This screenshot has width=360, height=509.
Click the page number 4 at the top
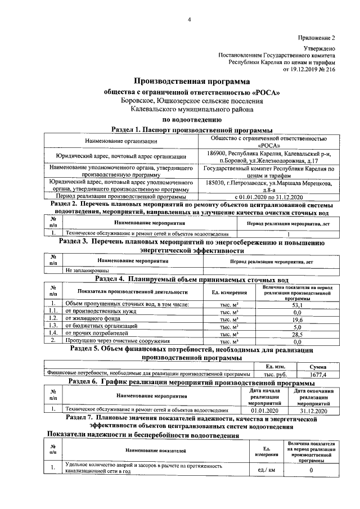tap(189, 21)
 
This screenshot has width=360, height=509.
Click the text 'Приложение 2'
tap(317, 38)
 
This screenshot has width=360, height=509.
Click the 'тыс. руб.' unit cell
tap(271, 374)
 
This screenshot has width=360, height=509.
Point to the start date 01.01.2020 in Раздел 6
tap(265, 411)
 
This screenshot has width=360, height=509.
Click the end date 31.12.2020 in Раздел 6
tap(314, 411)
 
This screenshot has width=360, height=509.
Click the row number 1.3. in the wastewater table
tap(53, 326)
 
